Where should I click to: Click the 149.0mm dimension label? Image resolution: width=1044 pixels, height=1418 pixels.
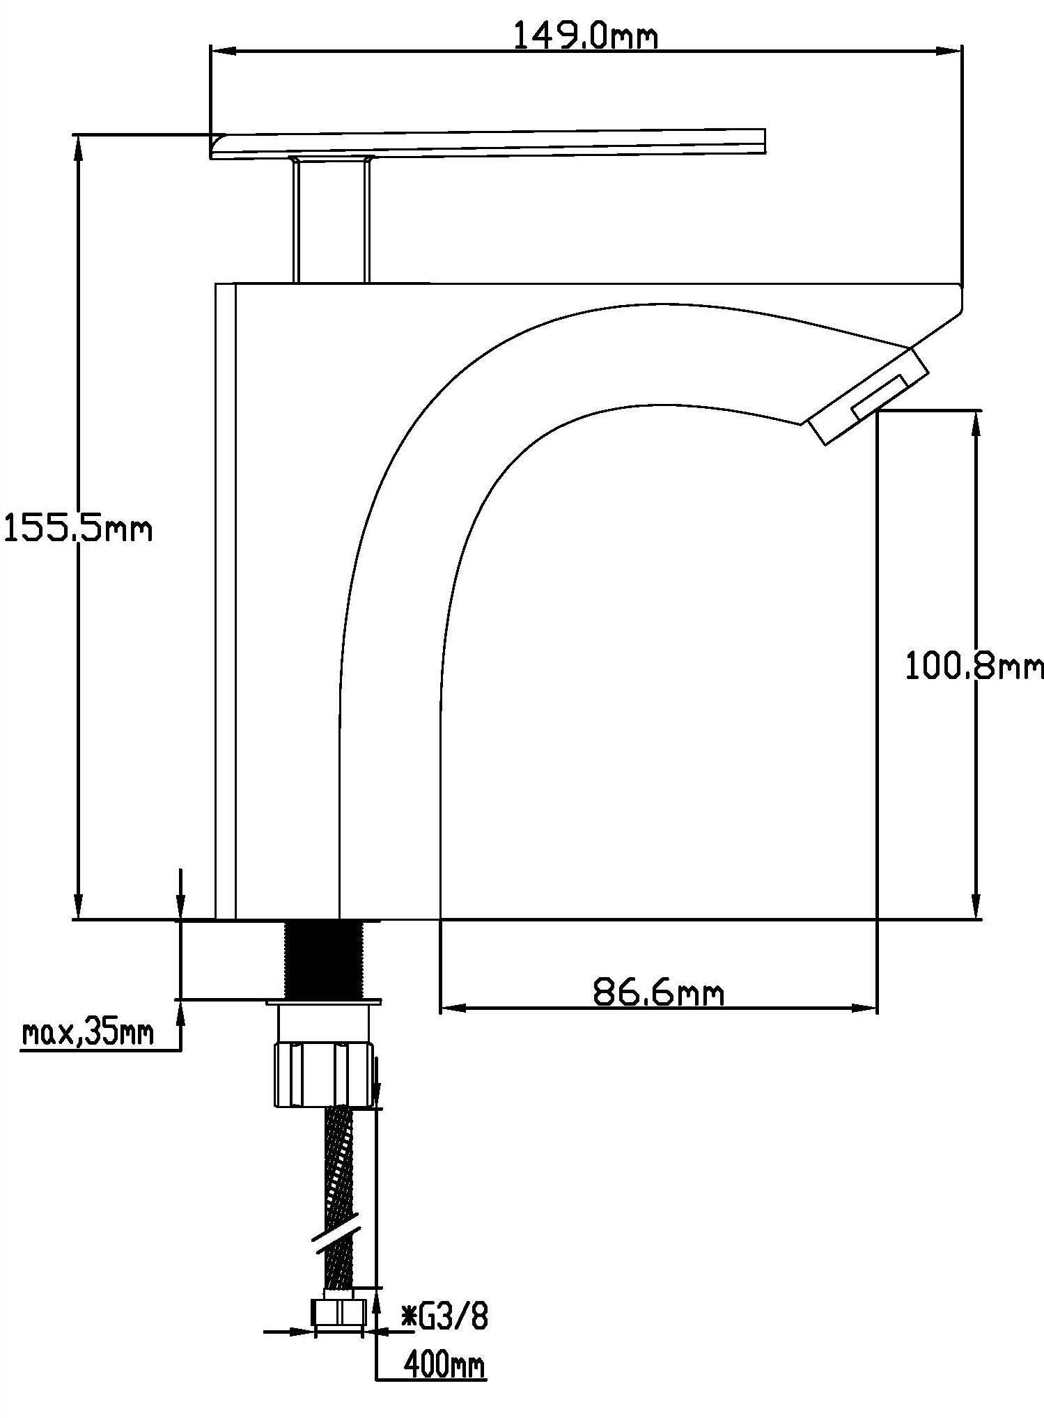click(585, 36)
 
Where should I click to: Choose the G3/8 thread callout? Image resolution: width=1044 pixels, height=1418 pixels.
click(445, 1318)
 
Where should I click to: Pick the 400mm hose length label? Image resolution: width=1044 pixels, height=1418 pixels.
click(444, 1366)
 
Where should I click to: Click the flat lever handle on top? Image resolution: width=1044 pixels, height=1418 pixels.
click(488, 143)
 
